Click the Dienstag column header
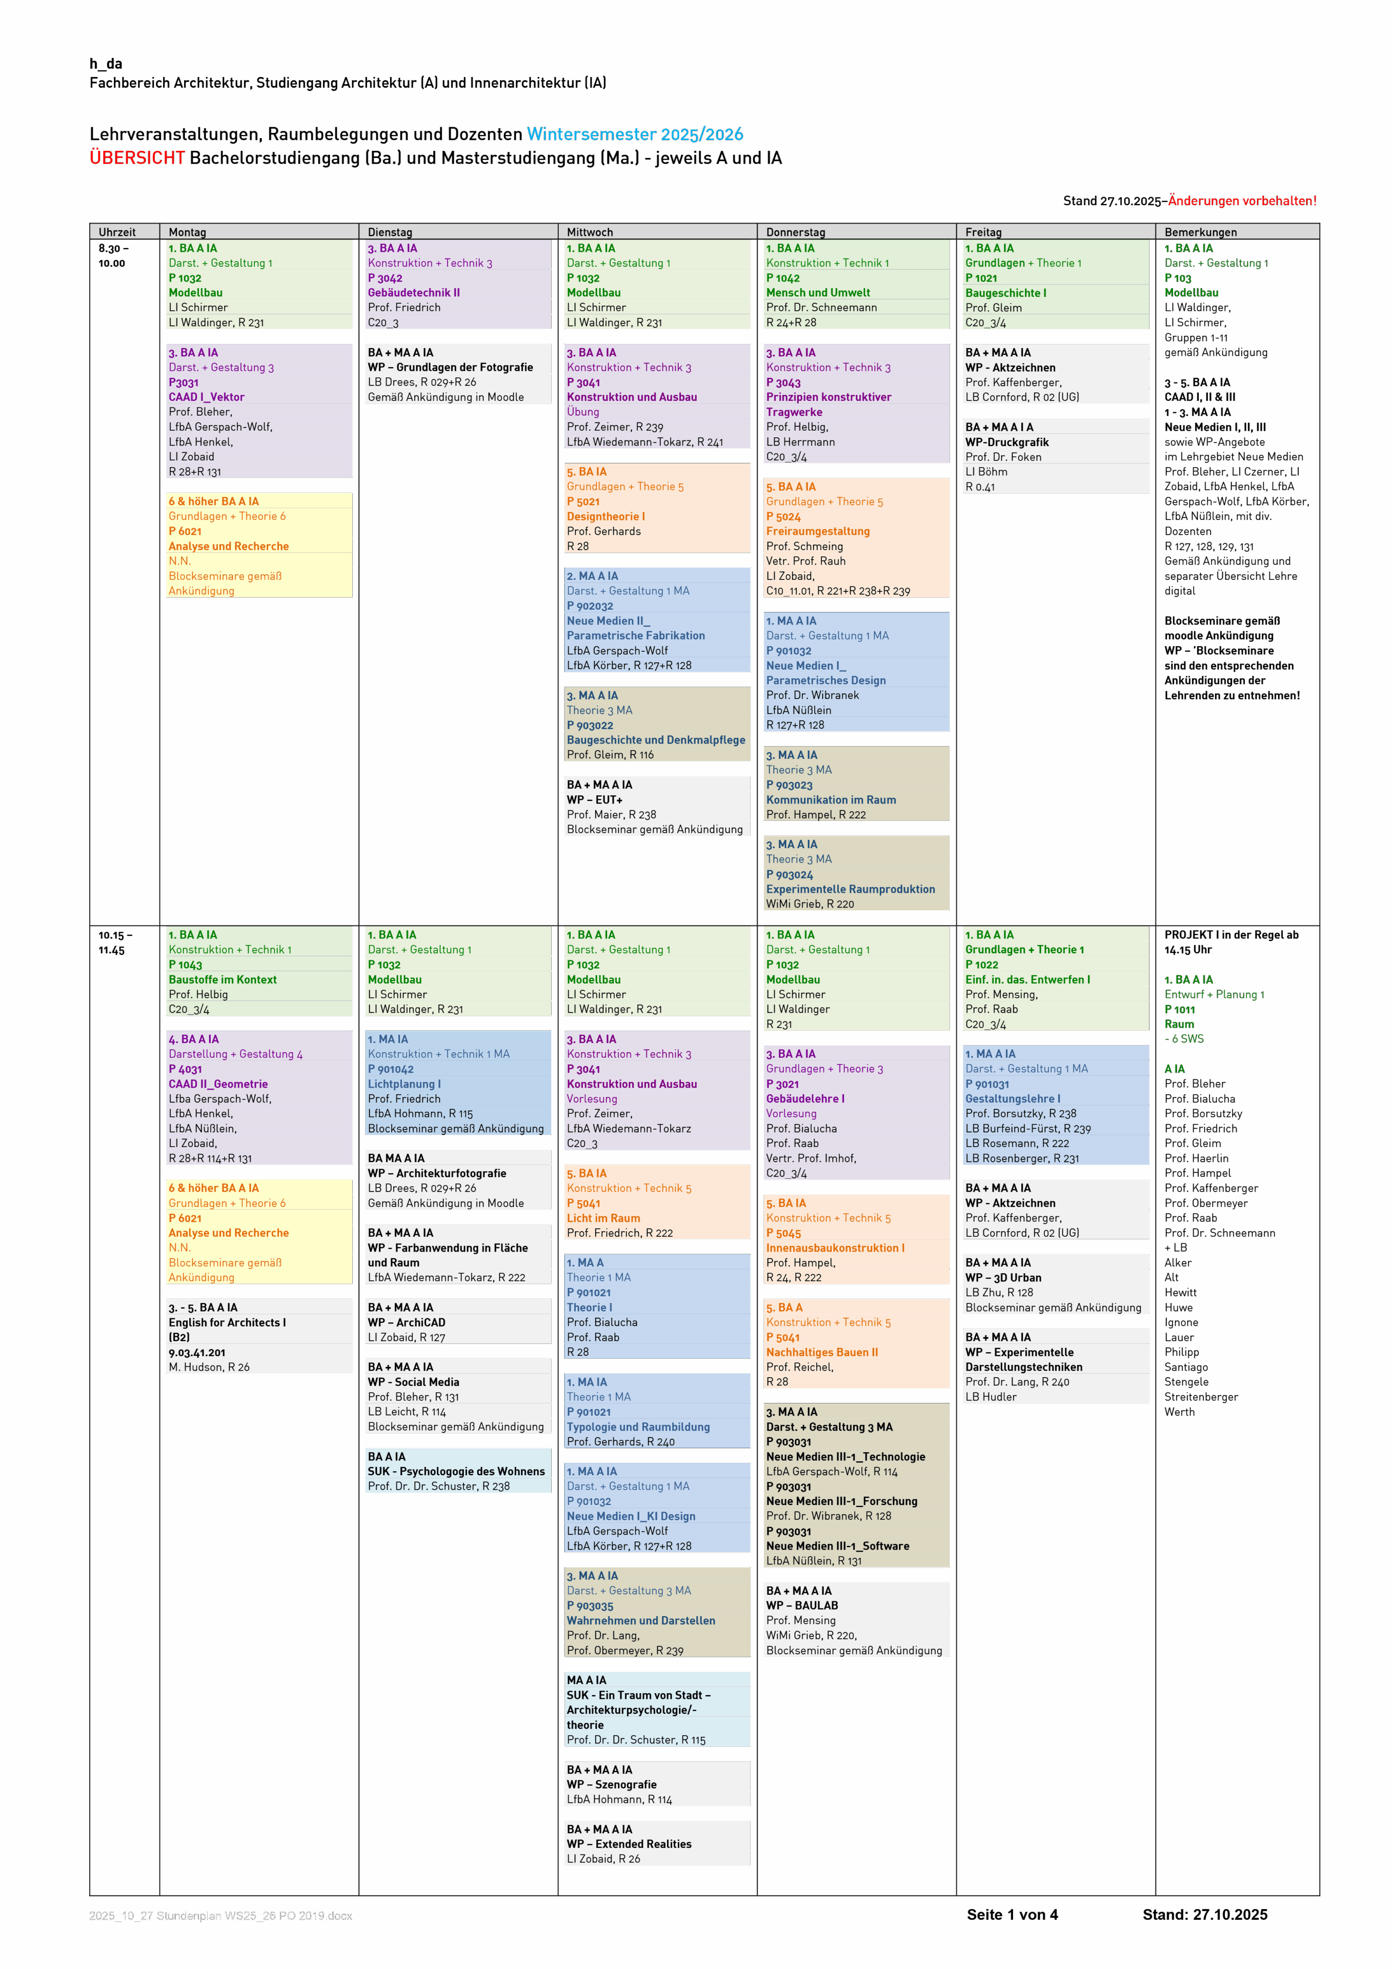(390, 232)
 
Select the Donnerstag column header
(795, 232)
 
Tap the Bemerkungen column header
(1200, 232)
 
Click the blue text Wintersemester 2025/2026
(635, 135)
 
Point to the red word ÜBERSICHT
(137, 158)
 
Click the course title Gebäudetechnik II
(413, 292)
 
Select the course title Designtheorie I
(606, 516)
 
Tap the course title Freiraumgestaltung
(817, 531)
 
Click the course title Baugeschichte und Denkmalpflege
(655, 740)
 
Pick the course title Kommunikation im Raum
(830, 799)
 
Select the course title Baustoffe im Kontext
(222, 979)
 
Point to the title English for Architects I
(227, 1322)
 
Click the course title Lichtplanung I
(404, 1084)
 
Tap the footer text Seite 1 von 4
(1012, 1915)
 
